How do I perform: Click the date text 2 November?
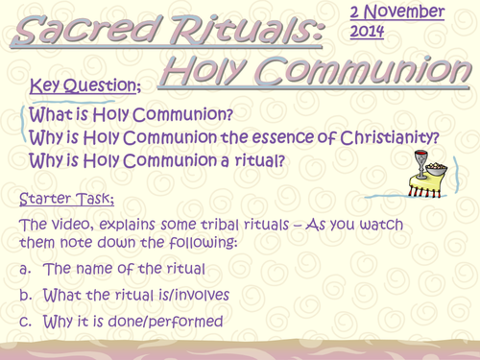click(396, 12)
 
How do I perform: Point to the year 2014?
click(367, 31)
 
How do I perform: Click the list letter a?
click(25, 270)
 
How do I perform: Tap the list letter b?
click(25, 295)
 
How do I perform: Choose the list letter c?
click(25, 321)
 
